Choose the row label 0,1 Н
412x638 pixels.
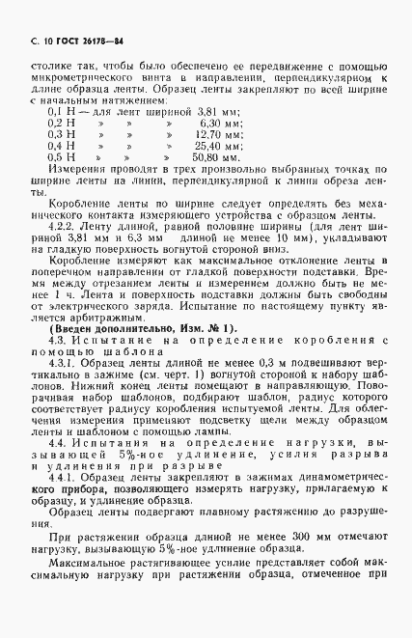61,113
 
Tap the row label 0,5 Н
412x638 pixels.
61,154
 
